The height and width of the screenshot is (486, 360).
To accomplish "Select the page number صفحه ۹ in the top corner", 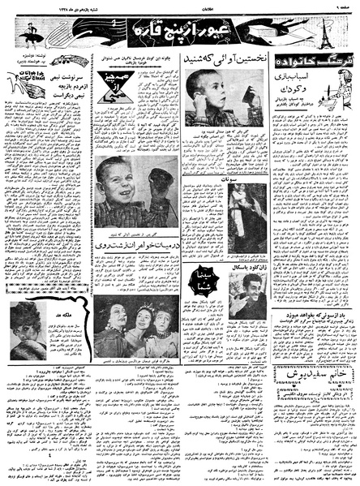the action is coord(344,7).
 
